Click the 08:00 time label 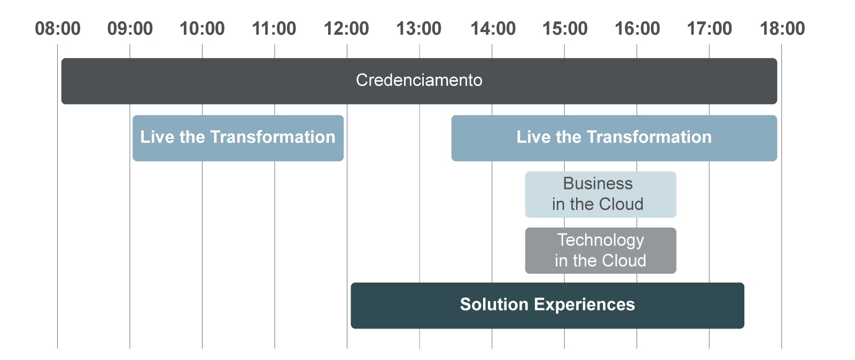(x=58, y=29)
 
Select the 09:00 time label (x=130, y=29)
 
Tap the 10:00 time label (x=202, y=29)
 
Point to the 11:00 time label (x=274, y=29)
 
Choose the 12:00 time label (x=346, y=29)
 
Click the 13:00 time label (x=419, y=29)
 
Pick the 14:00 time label (x=493, y=29)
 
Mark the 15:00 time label (x=565, y=29)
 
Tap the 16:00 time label (x=637, y=29)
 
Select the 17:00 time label (x=709, y=29)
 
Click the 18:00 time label (x=782, y=29)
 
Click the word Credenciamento (x=419, y=80)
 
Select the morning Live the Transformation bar (x=238, y=138)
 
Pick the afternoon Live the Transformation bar (x=614, y=138)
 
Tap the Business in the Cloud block (x=601, y=194)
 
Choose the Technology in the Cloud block (x=601, y=251)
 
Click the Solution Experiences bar (x=547, y=306)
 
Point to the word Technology (x=601, y=241)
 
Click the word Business (x=598, y=183)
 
